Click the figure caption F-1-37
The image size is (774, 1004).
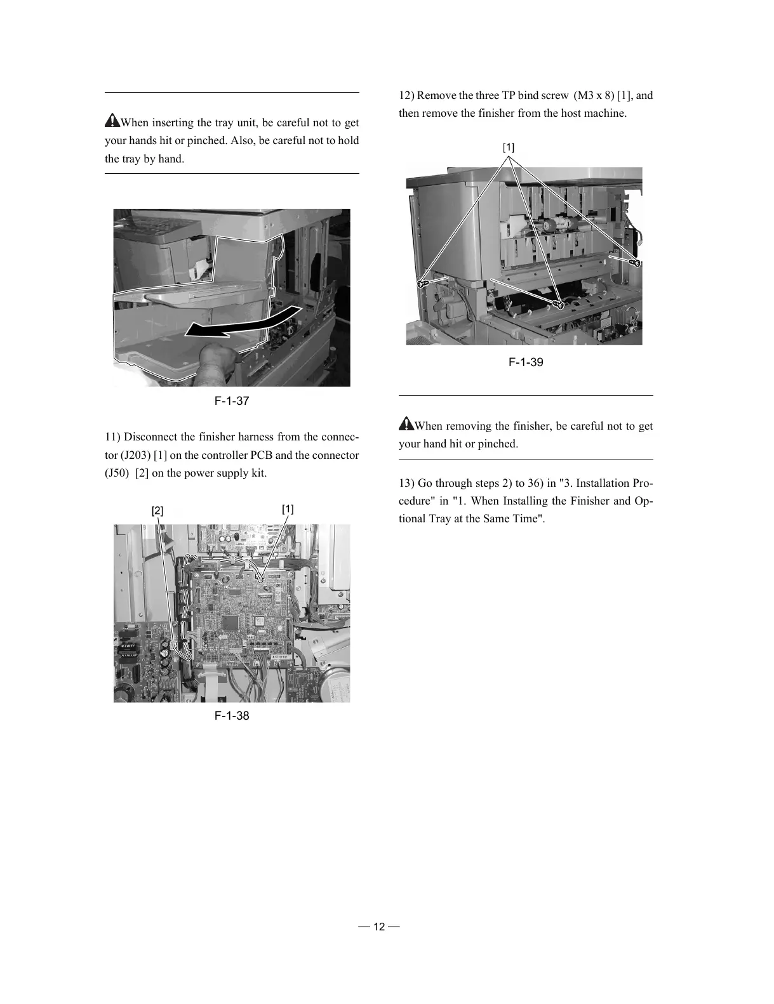coord(231,401)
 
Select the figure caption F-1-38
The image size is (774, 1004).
coord(231,716)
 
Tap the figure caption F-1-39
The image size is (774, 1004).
coord(526,362)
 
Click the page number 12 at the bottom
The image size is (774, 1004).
coord(378,927)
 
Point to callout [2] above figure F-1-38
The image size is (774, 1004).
coord(157,511)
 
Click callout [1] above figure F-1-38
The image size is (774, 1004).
coord(288,509)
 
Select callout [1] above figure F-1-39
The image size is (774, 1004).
coord(509,147)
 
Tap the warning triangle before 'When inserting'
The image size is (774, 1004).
coord(112,120)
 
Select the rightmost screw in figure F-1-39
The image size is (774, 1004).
coord(634,261)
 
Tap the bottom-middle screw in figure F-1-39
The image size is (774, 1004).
coord(559,304)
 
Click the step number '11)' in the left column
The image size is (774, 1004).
coord(112,437)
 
